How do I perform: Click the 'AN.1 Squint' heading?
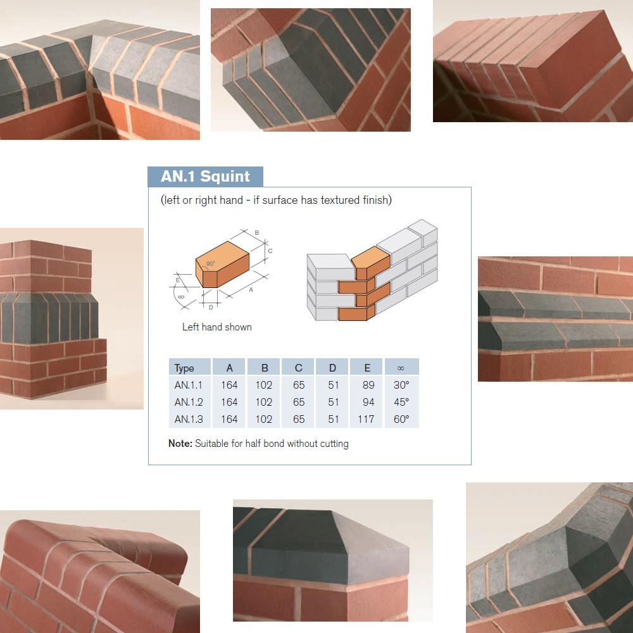click(205, 177)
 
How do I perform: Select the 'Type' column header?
click(184, 368)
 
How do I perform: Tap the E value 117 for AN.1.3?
click(366, 420)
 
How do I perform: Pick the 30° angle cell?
click(401, 385)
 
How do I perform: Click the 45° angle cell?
click(401, 402)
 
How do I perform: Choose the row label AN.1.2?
click(189, 402)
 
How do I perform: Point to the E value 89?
click(368, 385)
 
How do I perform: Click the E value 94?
click(368, 402)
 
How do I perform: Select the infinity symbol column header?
click(401, 368)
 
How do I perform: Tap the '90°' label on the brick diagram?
click(211, 263)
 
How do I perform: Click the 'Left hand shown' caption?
click(216, 327)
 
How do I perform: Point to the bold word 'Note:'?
click(180, 443)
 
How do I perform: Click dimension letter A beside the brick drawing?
click(251, 290)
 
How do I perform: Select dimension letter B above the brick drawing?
click(257, 233)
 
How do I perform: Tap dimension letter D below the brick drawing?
click(211, 308)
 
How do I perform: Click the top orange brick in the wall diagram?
click(371, 263)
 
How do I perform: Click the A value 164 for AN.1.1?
click(229, 385)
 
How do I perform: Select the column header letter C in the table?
click(299, 368)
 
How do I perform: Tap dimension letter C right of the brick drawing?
click(270, 251)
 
